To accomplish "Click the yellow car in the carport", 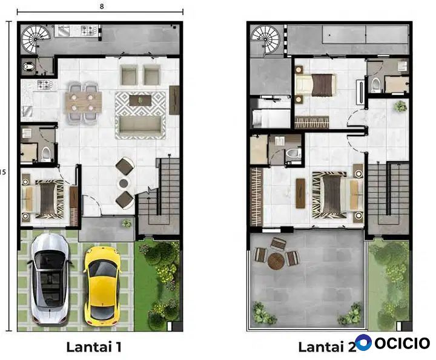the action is click(x=102, y=286).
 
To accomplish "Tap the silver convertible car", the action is click(x=50, y=279).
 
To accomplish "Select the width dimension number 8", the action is click(x=102, y=6).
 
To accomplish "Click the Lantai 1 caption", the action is click(x=94, y=347).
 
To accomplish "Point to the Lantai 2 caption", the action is click(x=327, y=347).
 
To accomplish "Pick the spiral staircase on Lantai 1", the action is click(x=36, y=39).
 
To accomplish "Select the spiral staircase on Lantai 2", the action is click(x=265, y=39).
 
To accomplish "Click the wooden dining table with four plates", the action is click(x=83, y=102).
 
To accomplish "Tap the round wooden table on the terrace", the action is click(x=276, y=261).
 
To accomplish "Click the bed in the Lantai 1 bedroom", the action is click(x=44, y=200).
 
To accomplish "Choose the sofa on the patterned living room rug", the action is click(x=140, y=126).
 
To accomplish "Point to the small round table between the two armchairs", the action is click(x=124, y=183).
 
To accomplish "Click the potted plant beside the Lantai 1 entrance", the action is click(x=126, y=223).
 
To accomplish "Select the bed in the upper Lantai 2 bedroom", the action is click(x=315, y=85).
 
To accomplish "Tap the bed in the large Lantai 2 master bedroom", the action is click(x=338, y=195).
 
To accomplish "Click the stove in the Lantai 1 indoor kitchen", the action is click(x=44, y=85).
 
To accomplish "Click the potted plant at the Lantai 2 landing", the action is click(x=400, y=106).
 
